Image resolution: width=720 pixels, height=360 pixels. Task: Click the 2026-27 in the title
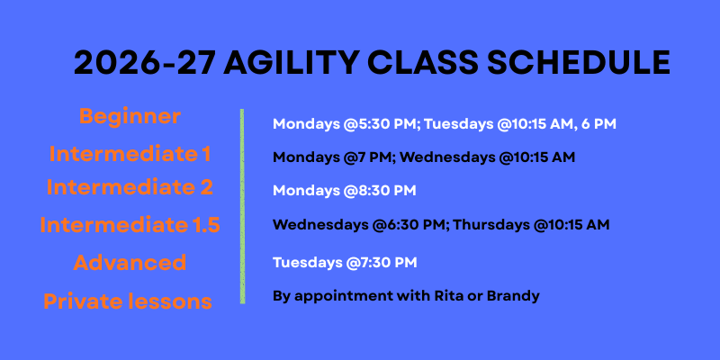[x=145, y=62]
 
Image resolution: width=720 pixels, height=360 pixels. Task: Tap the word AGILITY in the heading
[x=291, y=62]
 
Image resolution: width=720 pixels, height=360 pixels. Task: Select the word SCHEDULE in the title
[x=579, y=62]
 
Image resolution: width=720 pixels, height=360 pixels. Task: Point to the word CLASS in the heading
[x=422, y=62]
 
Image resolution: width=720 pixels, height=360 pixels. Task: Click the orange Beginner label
[x=130, y=117]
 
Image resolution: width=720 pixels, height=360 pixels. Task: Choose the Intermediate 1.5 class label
[x=130, y=225]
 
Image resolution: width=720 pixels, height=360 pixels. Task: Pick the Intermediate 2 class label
[x=130, y=187]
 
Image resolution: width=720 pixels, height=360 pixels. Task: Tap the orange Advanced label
[x=130, y=263]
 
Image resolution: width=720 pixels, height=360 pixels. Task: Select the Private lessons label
[x=128, y=301]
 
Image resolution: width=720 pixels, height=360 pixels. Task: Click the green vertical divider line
[x=242, y=206]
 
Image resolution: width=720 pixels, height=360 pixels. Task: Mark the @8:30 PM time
[x=379, y=191]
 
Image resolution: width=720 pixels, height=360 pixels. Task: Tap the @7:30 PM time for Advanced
[x=380, y=263]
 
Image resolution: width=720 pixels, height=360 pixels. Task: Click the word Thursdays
[x=490, y=225]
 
